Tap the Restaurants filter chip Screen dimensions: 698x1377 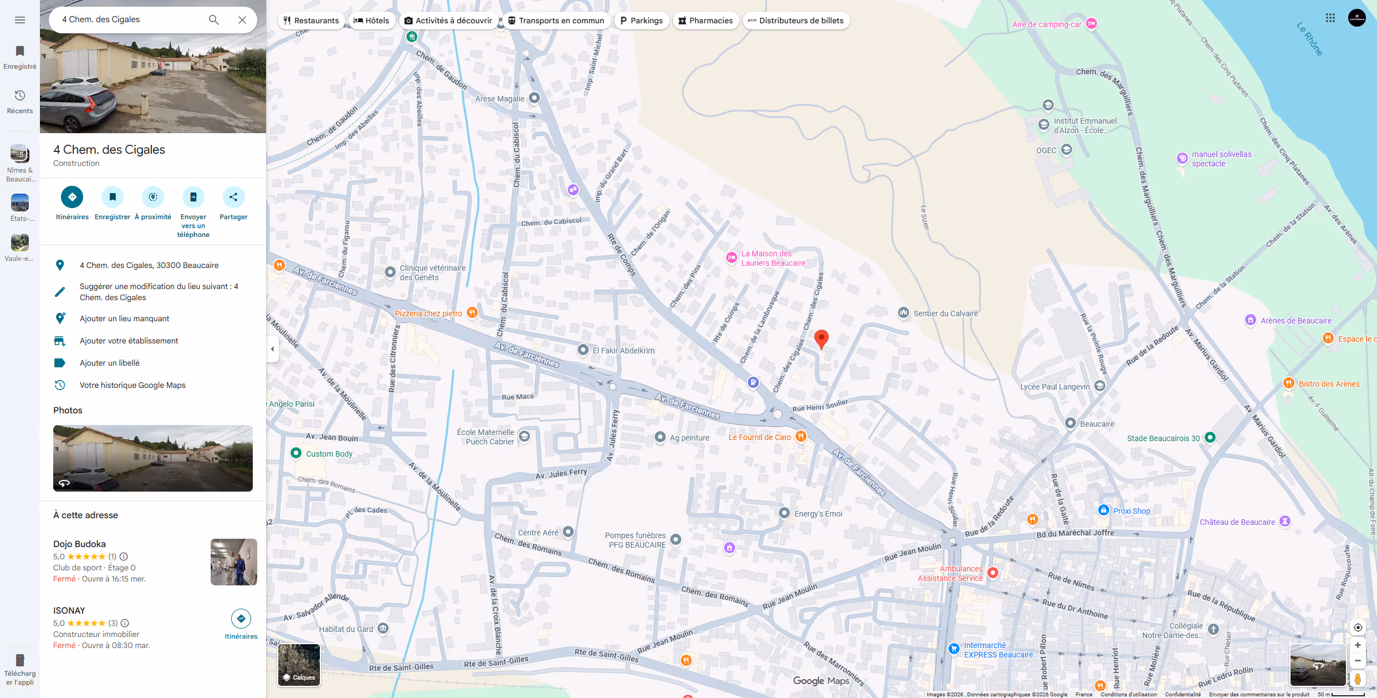click(x=311, y=21)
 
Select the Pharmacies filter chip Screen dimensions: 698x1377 click(x=705, y=21)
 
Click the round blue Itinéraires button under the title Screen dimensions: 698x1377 click(x=72, y=197)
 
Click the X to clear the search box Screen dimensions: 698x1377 click(x=242, y=20)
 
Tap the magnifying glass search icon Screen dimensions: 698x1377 click(x=213, y=20)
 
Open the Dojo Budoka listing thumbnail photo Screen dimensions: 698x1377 click(x=233, y=562)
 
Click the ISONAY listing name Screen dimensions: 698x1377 click(x=69, y=610)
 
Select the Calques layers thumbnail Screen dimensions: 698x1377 click(x=299, y=665)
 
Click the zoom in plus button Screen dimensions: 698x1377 click(x=1358, y=645)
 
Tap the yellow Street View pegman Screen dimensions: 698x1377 click(x=1358, y=679)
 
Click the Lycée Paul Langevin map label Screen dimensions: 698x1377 click(x=1055, y=387)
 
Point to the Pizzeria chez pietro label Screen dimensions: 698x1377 click(x=429, y=313)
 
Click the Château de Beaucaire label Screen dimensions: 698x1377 click(x=1237, y=522)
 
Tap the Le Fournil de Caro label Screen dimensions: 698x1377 click(x=759, y=437)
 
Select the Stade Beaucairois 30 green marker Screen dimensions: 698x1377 click(x=1210, y=437)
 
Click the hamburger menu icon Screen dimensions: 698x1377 click(x=20, y=20)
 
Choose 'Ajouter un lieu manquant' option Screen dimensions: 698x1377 click(x=125, y=318)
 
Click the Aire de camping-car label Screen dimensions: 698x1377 click(x=1047, y=24)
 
